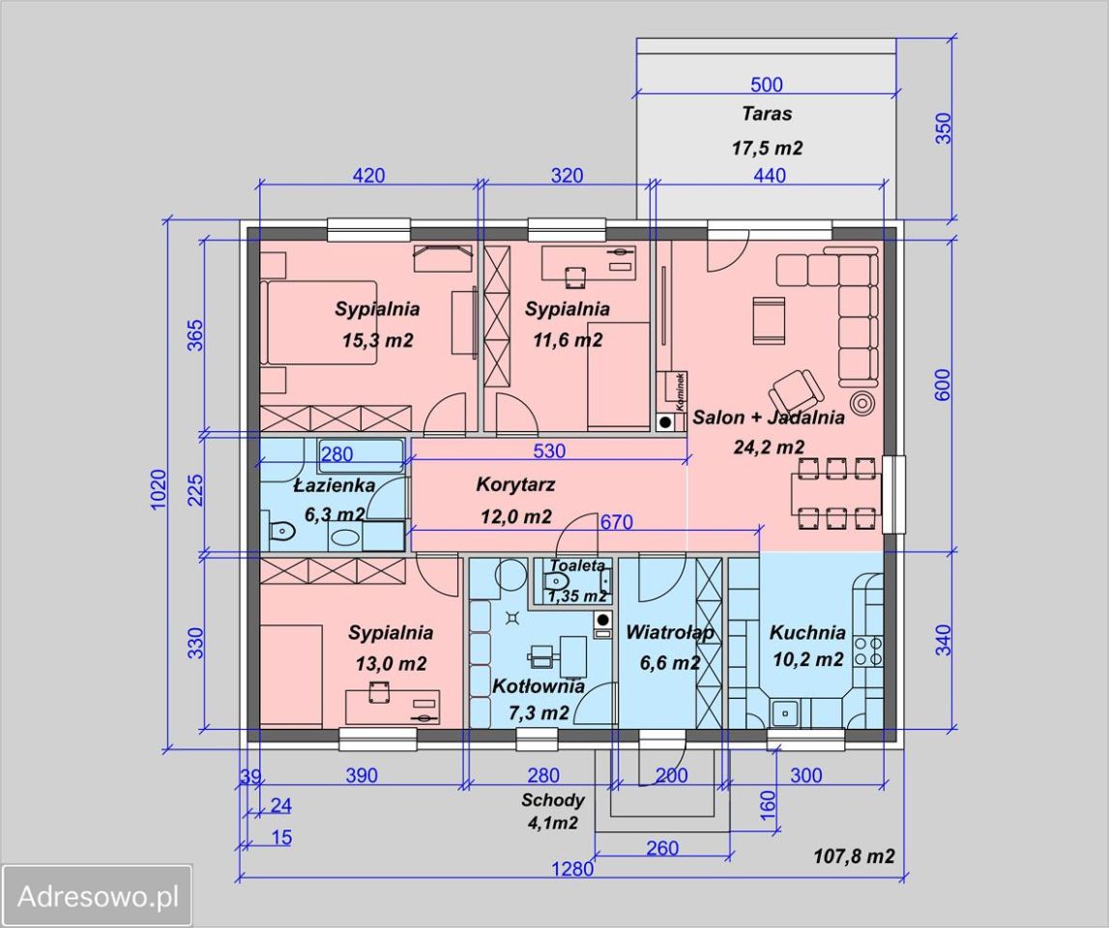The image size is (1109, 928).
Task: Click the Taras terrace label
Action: (767, 113)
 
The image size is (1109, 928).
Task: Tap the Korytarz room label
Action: (515, 485)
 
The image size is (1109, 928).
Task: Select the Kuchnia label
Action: (807, 631)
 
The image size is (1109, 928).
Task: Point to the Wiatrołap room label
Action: (670, 631)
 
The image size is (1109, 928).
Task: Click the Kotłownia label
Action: (539, 686)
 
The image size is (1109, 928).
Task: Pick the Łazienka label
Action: (335, 485)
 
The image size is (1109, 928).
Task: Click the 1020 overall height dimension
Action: (159, 489)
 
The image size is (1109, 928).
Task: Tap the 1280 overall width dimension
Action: (573, 868)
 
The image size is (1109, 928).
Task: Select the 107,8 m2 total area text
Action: (855, 856)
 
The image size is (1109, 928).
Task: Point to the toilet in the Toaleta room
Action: (557, 581)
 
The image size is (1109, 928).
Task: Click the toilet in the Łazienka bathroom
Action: (281, 530)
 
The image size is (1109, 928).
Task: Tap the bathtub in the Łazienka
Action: (362, 455)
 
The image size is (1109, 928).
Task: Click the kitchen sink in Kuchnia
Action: (784, 712)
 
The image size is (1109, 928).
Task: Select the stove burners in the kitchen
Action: (868, 651)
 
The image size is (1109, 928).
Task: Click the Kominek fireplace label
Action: (681, 391)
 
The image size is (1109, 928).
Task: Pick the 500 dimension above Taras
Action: (767, 84)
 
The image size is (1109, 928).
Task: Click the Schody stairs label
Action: (553, 800)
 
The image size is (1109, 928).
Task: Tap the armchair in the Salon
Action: (797, 388)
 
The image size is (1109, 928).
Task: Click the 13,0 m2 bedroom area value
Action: (392, 664)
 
